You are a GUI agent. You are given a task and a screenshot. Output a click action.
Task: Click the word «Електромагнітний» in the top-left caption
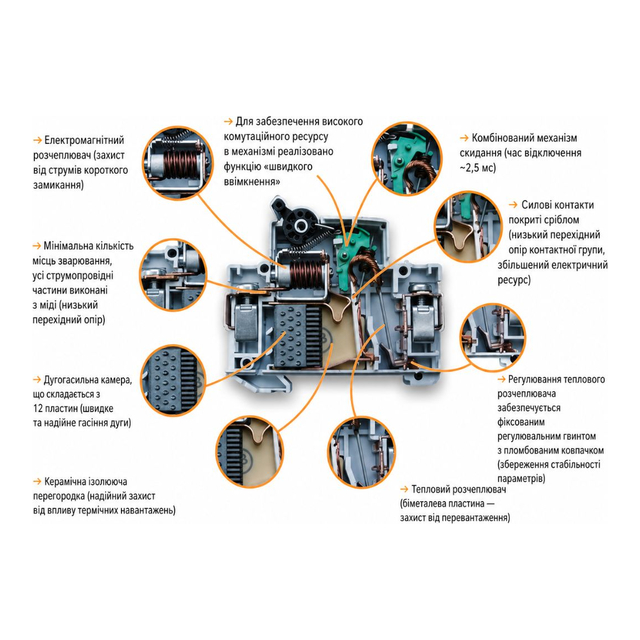click(x=84, y=140)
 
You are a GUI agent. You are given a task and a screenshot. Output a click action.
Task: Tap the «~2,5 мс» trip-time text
click(x=478, y=168)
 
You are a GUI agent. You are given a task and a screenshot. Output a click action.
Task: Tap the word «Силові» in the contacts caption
click(x=536, y=205)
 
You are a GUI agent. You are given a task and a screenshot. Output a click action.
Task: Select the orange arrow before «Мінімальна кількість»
click(x=37, y=246)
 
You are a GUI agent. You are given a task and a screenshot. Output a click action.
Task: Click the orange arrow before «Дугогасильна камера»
click(x=37, y=380)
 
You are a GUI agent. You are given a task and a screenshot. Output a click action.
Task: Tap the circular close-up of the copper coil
click(x=178, y=163)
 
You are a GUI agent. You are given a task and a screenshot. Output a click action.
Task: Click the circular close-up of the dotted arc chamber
click(x=173, y=380)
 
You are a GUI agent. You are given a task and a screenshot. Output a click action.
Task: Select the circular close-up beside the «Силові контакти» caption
click(x=467, y=227)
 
